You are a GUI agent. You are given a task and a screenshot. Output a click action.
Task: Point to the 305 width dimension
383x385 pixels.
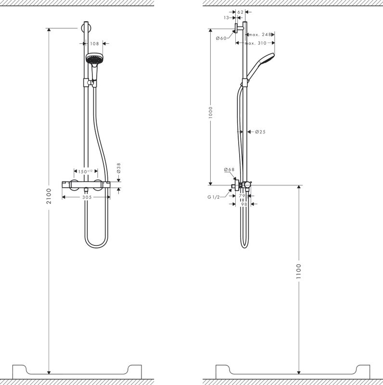point(87,197)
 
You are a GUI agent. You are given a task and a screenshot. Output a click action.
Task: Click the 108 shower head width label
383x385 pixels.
point(95,44)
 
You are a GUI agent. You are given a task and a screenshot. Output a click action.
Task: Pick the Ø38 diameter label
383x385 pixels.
point(118,168)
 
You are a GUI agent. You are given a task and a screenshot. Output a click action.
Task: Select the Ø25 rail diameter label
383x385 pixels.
point(260,132)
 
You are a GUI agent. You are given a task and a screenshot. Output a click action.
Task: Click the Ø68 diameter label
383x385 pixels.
point(229,170)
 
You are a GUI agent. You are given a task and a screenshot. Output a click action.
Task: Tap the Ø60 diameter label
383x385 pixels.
point(221,38)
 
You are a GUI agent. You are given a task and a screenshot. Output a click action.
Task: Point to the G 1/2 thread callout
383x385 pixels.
point(213,197)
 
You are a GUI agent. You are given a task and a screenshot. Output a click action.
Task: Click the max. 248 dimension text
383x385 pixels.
point(260,35)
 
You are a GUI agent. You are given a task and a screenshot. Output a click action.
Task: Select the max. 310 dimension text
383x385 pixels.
point(255,43)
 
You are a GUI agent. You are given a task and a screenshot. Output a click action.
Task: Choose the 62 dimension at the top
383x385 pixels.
point(241,12)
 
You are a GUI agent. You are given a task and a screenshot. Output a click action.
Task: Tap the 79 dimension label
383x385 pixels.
point(243,196)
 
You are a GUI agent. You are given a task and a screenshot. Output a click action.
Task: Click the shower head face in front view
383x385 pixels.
point(94,59)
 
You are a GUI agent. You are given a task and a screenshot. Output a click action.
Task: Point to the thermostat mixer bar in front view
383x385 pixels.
point(87,184)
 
